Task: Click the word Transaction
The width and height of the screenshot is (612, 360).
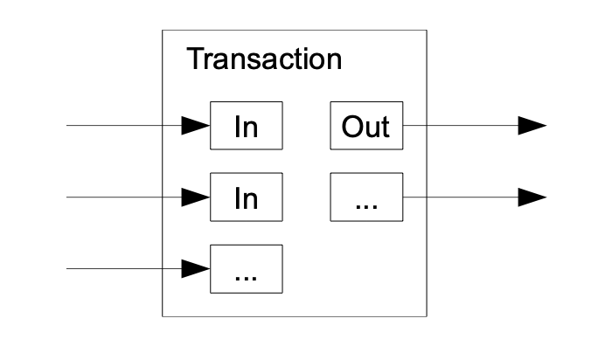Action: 264,59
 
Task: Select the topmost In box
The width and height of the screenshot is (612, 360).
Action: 247,126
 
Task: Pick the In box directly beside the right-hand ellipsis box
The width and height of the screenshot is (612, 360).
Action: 247,197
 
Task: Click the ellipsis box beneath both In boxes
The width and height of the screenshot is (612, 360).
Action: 247,269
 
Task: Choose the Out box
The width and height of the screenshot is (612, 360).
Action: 366,126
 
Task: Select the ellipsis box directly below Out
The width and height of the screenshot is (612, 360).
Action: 366,197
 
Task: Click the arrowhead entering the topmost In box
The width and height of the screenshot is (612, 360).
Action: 196,126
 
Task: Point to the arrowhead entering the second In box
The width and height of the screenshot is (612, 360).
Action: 196,197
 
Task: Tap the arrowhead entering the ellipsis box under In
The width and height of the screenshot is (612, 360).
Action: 196,269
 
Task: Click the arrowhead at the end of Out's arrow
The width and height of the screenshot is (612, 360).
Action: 532,126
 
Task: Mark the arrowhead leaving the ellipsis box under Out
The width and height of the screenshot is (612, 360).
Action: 532,197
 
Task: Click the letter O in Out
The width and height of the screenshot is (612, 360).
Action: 352,127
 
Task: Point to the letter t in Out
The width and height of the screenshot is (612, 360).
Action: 386,128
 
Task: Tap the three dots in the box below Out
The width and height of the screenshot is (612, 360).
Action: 366,207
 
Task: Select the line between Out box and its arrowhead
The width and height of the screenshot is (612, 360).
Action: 461,126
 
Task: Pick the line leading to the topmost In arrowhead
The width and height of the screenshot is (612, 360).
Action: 124,126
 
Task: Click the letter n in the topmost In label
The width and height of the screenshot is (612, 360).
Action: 251,129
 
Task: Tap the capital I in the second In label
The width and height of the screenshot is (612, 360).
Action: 238,198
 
